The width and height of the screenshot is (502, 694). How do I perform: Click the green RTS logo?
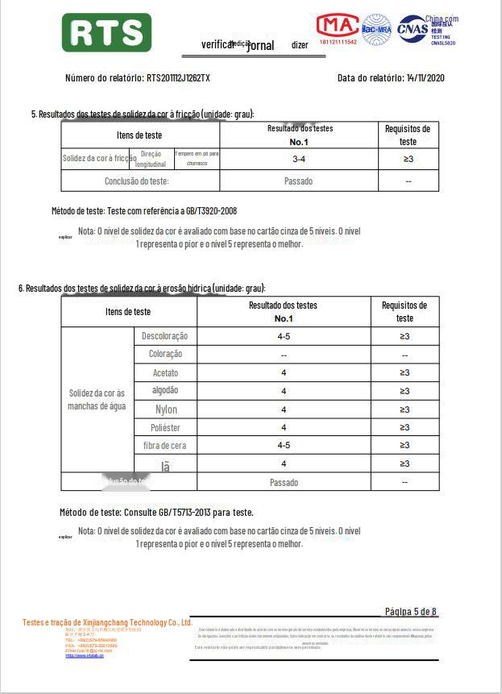[106, 33]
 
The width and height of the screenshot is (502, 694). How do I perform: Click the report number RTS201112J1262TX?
[178, 78]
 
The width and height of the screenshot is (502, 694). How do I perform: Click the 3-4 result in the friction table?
[298, 160]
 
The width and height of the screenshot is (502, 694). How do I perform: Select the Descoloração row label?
[164, 336]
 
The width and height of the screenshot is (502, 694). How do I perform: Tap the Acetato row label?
[165, 373]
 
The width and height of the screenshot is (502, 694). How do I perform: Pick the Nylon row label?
[166, 409]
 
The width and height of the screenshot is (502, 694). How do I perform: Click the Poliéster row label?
[165, 428]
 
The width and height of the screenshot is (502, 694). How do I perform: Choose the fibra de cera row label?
[164, 446]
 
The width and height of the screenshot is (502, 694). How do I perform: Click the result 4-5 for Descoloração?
[284, 336]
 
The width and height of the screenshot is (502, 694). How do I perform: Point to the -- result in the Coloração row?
[284, 355]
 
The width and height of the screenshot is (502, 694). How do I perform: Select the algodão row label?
[165, 391]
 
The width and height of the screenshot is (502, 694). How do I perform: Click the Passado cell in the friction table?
[298, 181]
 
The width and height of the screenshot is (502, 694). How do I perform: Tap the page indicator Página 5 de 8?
[411, 611]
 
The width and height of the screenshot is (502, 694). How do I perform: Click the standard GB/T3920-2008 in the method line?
[207, 211]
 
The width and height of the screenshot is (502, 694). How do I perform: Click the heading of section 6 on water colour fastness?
[142, 289]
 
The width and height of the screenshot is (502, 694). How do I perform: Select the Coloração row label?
[165, 355]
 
